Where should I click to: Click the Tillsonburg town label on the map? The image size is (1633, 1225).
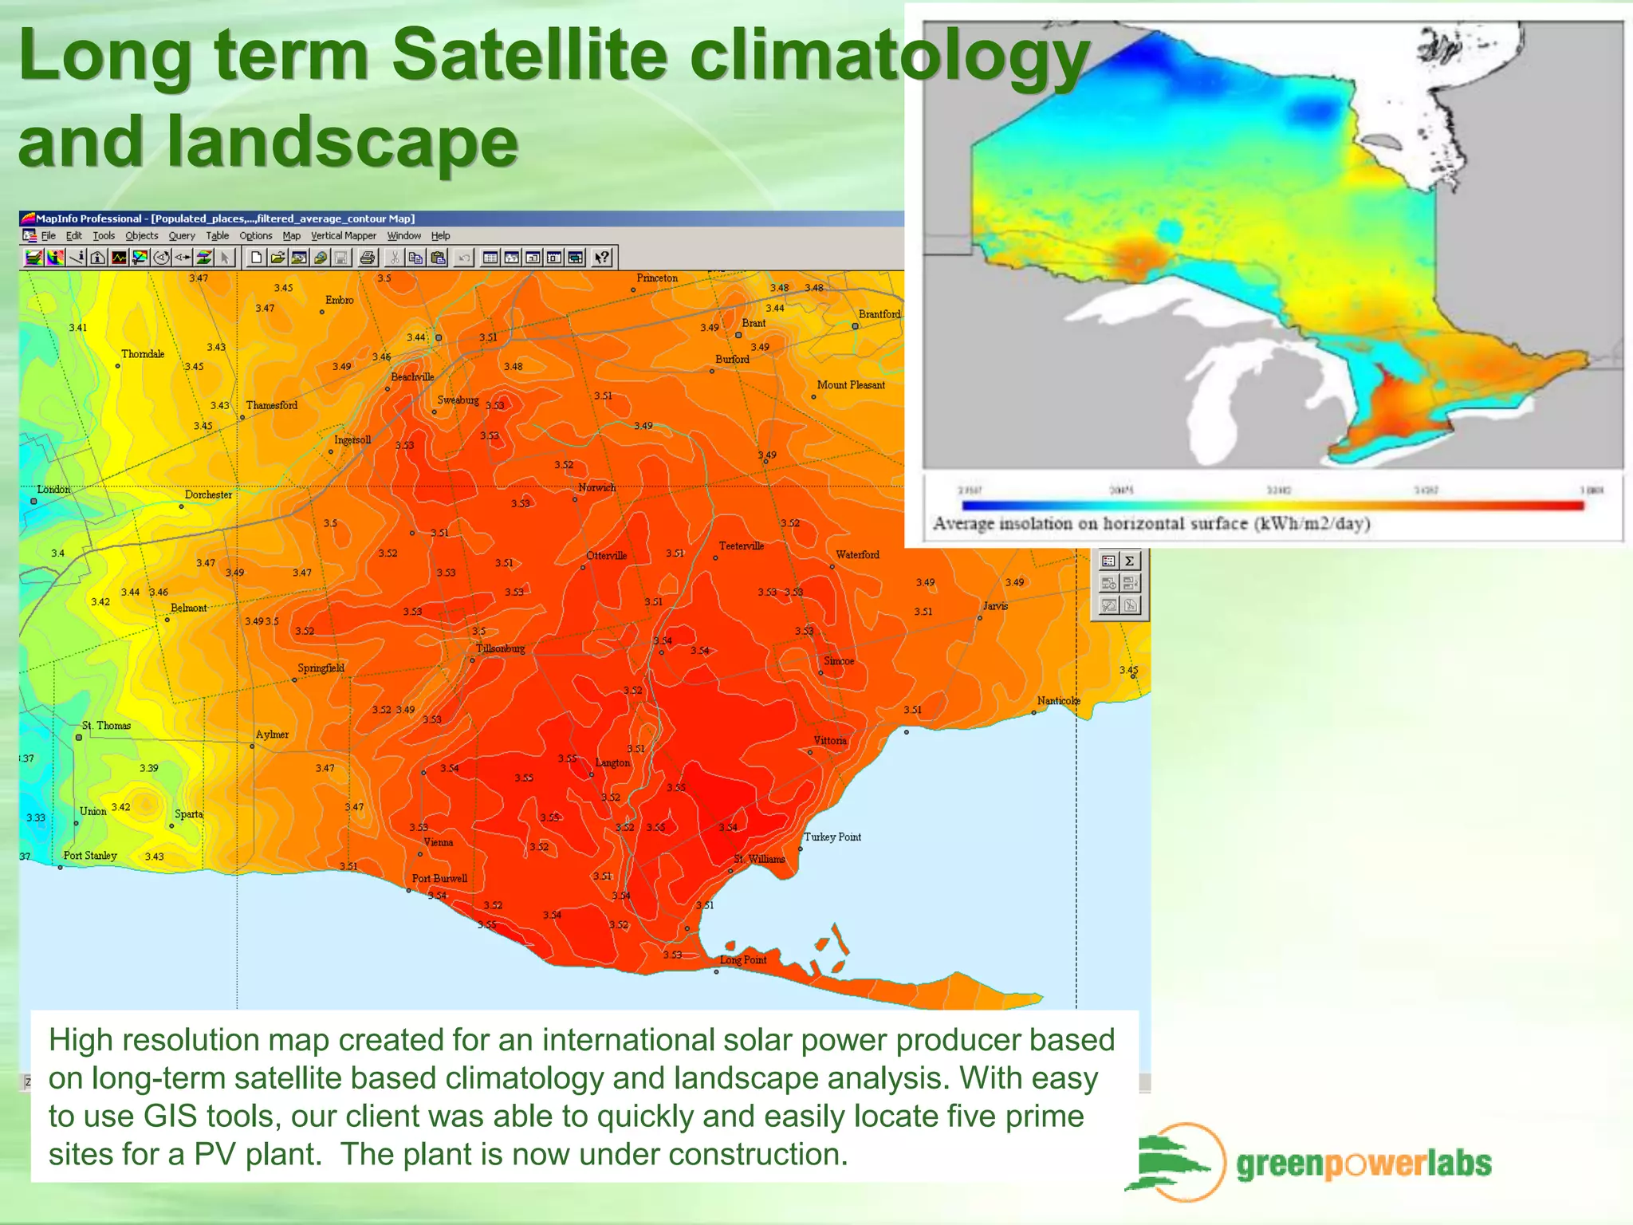point(500,648)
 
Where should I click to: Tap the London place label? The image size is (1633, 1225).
point(53,490)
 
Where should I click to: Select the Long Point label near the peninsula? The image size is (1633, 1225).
point(743,959)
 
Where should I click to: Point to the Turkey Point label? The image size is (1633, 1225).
point(832,837)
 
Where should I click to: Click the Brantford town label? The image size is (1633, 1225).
point(879,314)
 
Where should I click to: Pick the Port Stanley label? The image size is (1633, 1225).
point(90,856)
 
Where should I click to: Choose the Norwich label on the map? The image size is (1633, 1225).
point(597,487)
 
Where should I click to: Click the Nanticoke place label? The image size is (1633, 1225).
point(1058,701)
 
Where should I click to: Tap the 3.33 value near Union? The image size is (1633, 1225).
point(36,817)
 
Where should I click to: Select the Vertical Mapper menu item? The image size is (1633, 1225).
point(343,236)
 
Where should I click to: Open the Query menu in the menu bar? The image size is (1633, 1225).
point(181,236)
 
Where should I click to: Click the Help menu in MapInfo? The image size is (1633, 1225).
point(440,236)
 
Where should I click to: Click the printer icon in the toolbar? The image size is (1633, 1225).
point(367,258)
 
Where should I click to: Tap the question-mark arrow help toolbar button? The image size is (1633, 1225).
point(602,258)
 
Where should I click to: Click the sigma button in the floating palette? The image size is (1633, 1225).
point(1130,561)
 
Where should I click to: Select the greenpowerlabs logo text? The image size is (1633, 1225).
point(1363,1164)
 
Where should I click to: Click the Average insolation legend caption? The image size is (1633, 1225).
point(1151,524)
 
